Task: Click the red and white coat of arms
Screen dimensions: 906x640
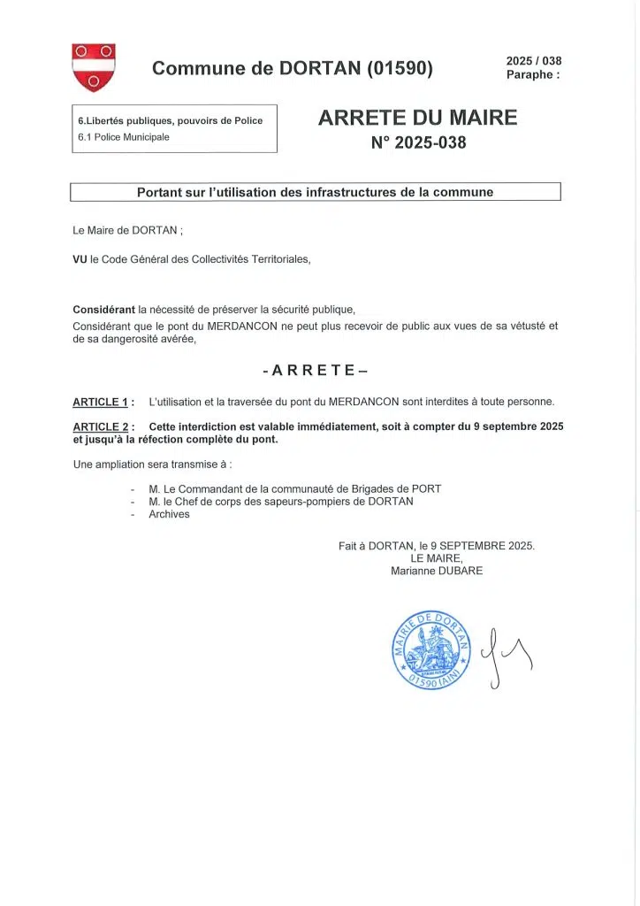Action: pyautogui.click(x=94, y=67)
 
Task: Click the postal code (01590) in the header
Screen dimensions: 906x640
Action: pyautogui.click(x=400, y=68)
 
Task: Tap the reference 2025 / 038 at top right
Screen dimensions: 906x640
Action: pyautogui.click(x=533, y=61)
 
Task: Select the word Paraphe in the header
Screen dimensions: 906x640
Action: pyautogui.click(x=530, y=74)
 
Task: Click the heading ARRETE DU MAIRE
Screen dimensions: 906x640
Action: pyautogui.click(x=417, y=118)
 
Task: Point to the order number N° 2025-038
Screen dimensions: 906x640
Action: pyautogui.click(x=418, y=142)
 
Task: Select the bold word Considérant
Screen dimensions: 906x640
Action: pyautogui.click(x=104, y=310)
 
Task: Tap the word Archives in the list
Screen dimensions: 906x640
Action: pyautogui.click(x=169, y=514)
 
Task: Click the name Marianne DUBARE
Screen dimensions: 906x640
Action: pyautogui.click(x=437, y=571)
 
